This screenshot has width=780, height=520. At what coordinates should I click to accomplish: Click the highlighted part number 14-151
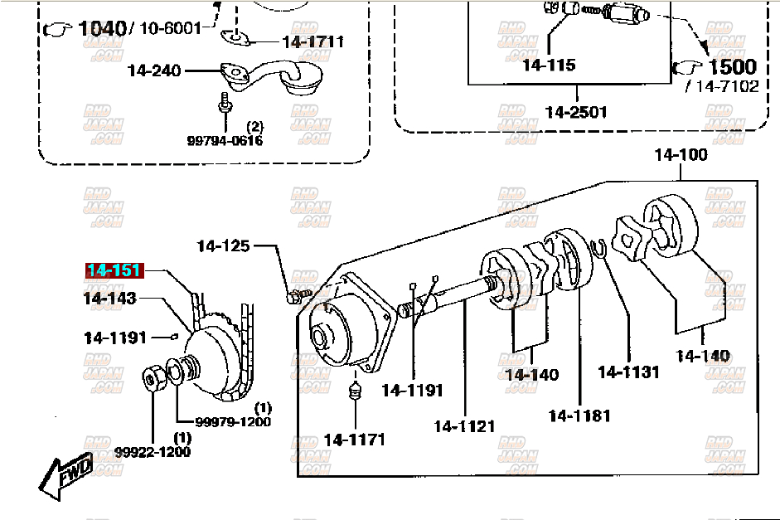click(x=114, y=270)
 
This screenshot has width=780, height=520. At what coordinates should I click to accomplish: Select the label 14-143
click(x=110, y=298)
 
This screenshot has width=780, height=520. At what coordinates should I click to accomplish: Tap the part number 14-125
click(x=223, y=245)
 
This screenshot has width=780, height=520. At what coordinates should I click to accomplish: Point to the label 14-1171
click(x=354, y=440)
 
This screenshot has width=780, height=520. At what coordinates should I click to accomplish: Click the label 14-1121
click(x=464, y=426)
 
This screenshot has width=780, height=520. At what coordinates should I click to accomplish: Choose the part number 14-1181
click(x=579, y=416)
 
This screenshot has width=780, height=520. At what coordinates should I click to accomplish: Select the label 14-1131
click(x=628, y=372)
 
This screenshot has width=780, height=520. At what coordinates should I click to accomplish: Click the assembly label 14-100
click(x=681, y=155)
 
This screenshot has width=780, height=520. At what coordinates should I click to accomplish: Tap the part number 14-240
click(x=154, y=70)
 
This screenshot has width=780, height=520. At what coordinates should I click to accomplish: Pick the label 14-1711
click(x=312, y=41)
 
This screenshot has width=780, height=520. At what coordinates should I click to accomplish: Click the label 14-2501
click(x=576, y=112)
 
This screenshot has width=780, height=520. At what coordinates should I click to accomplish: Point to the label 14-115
click(x=550, y=65)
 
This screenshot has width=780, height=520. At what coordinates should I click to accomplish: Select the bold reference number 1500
click(x=732, y=66)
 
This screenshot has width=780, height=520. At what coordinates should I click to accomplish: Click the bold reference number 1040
click(x=103, y=28)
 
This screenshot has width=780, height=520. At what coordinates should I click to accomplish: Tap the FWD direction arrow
click(x=66, y=476)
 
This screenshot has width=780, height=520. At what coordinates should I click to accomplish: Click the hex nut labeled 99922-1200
click(x=153, y=379)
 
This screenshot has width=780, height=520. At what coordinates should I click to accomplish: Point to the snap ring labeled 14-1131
click(x=598, y=248)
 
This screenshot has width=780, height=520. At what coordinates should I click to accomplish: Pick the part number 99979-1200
click(x=233, y=421)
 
